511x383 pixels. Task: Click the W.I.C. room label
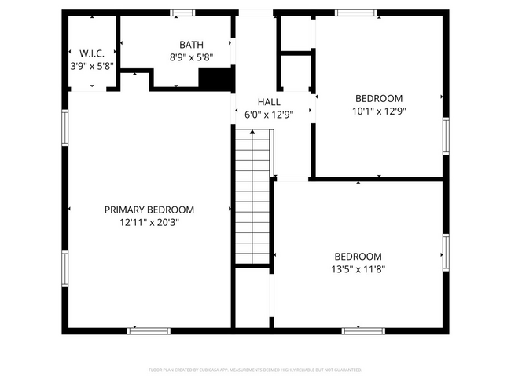91,53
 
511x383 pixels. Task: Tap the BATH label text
191,45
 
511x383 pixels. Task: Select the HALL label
269,102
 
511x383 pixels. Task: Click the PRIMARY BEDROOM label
149,210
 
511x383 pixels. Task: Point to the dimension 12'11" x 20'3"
149,222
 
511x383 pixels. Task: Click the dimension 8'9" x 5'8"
191,57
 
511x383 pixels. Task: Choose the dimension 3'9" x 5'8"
91,66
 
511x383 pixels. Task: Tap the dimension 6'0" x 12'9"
269,115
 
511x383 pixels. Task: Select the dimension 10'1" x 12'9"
379,111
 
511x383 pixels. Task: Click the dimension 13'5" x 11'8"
358,268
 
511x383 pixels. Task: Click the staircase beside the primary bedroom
252,196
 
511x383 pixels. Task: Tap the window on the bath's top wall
183,13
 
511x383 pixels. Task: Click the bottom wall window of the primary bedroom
149,330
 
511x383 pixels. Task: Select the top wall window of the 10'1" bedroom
355,13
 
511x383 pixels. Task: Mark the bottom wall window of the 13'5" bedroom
363,330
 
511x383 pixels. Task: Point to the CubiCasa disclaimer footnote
256,369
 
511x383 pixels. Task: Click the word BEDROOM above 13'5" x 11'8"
358,256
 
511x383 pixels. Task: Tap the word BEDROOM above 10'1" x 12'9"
379,98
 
